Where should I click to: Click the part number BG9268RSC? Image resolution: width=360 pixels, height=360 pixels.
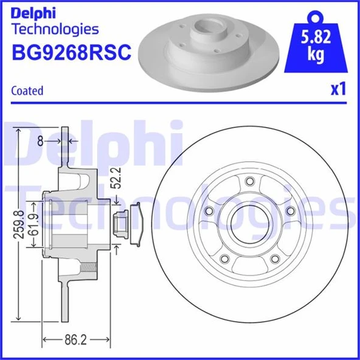tap(71, 53)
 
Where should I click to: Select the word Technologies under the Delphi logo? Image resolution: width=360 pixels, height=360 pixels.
tap(55, 29)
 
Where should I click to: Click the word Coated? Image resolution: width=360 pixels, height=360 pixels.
tap(27, 91)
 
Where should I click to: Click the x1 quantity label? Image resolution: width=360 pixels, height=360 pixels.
tap(337, 89)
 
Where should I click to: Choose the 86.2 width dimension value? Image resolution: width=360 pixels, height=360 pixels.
tap(75, 340)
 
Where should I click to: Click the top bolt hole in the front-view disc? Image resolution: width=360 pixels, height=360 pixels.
tap(248, 181)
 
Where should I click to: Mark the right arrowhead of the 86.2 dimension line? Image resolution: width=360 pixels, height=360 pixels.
tap(108, 340)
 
